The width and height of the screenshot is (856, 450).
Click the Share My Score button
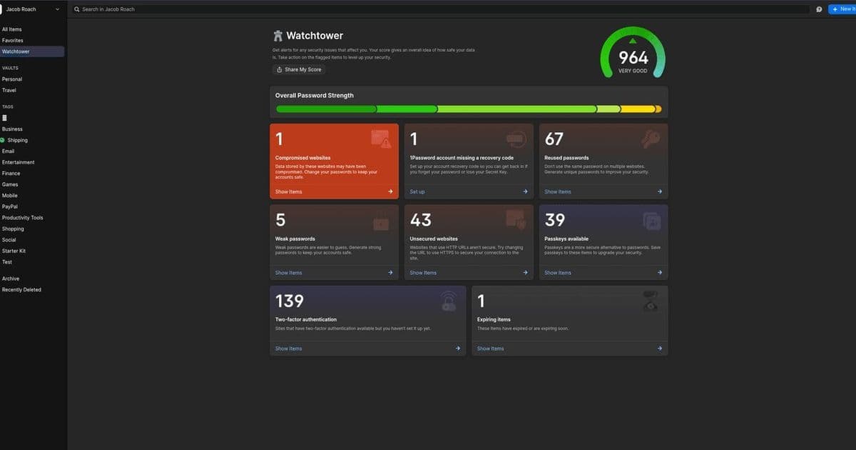click(x=299, y=69)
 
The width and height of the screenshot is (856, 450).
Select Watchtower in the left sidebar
click(x=16, y=51)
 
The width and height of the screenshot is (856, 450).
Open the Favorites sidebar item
click(x=12, y=41)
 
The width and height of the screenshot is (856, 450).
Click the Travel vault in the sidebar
click(x=9, y=90)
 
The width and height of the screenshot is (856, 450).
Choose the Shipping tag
click(x=18, y=140)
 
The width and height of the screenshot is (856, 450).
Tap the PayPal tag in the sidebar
click(x=10, y=206)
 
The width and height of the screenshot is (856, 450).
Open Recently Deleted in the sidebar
click(x=21, y=289)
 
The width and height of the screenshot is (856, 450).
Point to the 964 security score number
click(x=633, y=57)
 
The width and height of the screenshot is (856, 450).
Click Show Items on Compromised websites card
click(x=289, y=191)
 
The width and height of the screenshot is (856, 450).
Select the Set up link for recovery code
click(x=417, y=191)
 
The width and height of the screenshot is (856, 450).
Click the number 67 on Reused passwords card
click(x=554, y=139)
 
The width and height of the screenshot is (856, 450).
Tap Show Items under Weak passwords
click(x=289, y=272)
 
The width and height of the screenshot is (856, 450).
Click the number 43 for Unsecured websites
click(x=421, y=220)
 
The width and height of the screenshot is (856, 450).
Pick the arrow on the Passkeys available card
click(x=660, y=272)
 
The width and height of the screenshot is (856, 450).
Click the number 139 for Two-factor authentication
click(x=290, y=301)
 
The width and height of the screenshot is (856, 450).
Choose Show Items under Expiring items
click(x=491, y=349)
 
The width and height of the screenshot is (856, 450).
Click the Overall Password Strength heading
click(x=315, y=95)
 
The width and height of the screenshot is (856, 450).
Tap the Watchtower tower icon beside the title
click(x=278, y=36)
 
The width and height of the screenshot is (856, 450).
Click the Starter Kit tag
click(x=14, y=251)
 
